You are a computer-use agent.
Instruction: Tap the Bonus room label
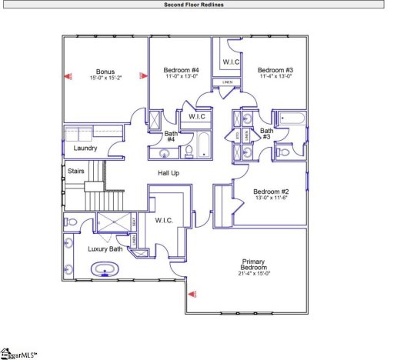[x=105, y=70]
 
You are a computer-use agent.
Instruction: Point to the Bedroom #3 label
[x=275, y=70]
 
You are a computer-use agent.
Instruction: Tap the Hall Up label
[x=169, y=173]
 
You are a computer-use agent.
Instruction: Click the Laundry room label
[x=85, y=148]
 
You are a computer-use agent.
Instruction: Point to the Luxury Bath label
[x=105, y=248]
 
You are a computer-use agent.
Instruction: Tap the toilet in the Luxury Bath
[x=71, y=222]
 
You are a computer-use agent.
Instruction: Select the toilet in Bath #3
[x=283, y=152]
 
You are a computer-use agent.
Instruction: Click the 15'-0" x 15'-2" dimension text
[x=105, y=77]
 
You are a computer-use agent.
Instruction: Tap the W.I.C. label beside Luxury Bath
[x=163, y=221]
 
